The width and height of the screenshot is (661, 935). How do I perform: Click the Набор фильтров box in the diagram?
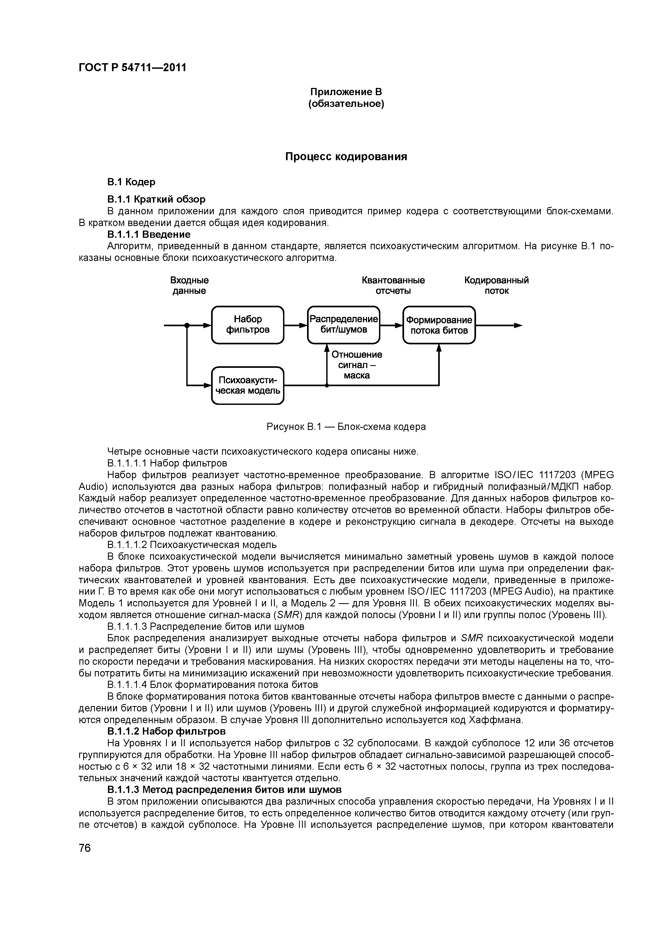point(248,325)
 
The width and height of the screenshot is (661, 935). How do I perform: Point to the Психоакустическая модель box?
point(248,385)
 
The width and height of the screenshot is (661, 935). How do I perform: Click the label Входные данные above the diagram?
point(190,285)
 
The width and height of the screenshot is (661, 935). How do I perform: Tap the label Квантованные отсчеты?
point(393,285)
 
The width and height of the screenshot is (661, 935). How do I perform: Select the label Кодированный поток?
point(497,285)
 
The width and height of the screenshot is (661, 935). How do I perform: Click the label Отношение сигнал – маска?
point(357,365)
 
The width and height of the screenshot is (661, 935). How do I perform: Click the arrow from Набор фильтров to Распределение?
point(295,325)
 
